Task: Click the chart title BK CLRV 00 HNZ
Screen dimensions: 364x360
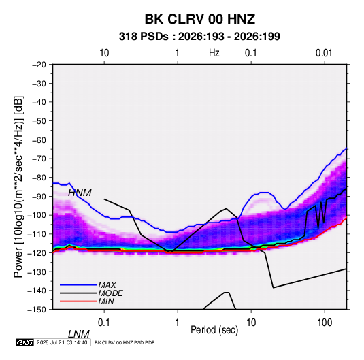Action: pyautogui.click(x=200, y=19)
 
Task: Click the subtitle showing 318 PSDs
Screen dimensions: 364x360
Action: pyautogui.click(x=199, y=37)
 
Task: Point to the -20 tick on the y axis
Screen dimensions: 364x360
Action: pyautogui.click(x=39, y=65)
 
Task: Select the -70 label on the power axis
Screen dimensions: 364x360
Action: pyautogui.click(x=39, y=159)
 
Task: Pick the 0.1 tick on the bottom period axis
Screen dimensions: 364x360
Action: pyautogui.click(x=104, y=323)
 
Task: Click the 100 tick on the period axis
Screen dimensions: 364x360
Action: pyautogui.click(x=325, y=323)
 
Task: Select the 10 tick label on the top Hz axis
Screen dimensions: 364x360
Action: pyautogui.click(x=104, y=53)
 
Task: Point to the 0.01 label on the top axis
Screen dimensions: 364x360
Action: pyautogui.click(x=324, y=53)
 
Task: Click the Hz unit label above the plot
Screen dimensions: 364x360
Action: pyautogui.click(x=214, y=53)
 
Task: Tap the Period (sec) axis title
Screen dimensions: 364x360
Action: pyautogui.click(x=214, y=330)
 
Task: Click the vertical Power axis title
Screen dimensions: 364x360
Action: pyautogui.click(x=18, y=187)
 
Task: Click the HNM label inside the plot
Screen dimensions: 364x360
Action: pyautogui.click(x=80, y=193)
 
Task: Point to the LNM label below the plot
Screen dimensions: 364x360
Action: pyautogui.click(x=78, y=334)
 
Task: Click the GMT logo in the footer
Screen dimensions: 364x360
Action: pyautogui.click(x=24, y=342)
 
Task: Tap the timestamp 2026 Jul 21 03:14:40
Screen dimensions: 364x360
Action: pyautogui.click(x=62, y=342)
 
